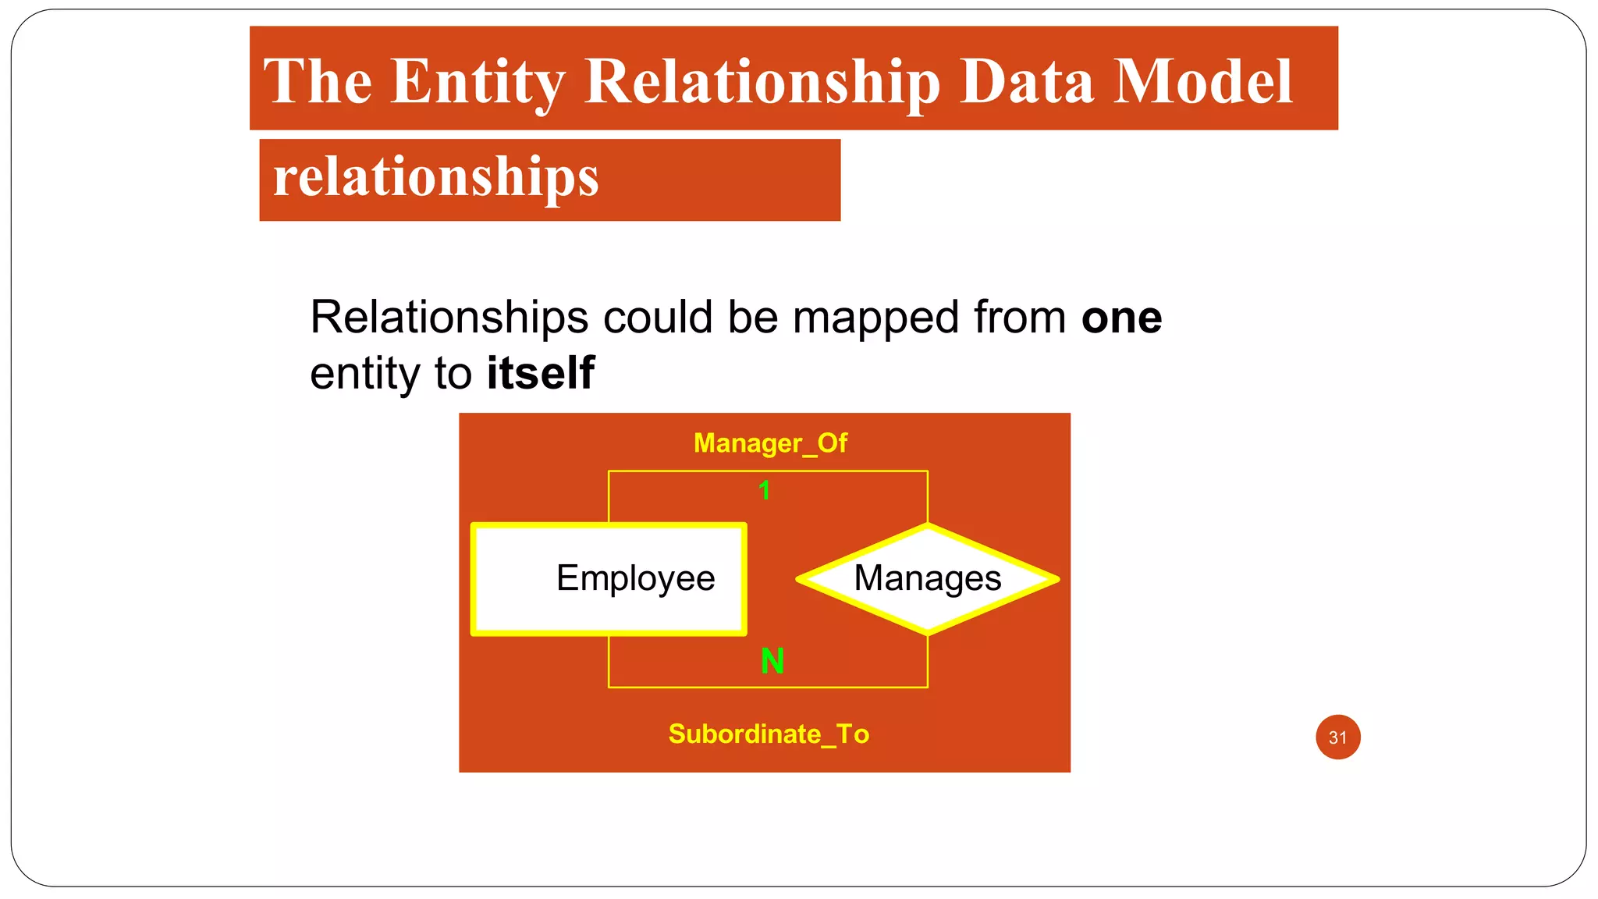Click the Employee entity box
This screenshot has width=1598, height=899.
tap(609, 578)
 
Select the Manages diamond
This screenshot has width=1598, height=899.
tap(927, 578)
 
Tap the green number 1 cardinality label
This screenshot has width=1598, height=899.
tap(764, 491)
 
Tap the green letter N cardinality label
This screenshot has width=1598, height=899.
tap(772, 662)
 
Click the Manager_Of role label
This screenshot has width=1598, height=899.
tap(770, 443)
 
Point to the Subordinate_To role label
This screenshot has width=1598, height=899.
tap(769, 734)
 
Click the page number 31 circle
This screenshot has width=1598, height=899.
tap(1337, 737)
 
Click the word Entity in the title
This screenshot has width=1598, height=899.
tap(477, 82)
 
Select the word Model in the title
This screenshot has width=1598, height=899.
tap(1202, 82)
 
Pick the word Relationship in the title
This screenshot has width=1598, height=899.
tap(762, 82)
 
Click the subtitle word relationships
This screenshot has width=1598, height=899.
tap(435, 178)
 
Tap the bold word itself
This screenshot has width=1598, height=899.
tap(540, 373)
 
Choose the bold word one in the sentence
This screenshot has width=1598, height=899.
tap(1121, 318)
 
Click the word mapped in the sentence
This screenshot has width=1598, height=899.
tap(876, 318)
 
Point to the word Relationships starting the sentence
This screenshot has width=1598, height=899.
tap(449, 318)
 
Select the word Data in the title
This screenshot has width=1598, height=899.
tap(1025, 82)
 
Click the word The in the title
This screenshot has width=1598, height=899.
tap(318, 82)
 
